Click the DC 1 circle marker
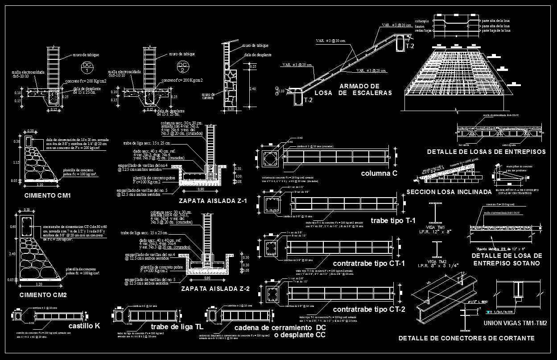pyautogui.click(x=87, y=68)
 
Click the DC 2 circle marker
pyautogui.click(x=183, y=67)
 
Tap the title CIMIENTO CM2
pyautogui.click(x=43, y=295)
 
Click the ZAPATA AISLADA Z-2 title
pyautogui.click(x=215, y=289)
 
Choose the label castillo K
pyautogui.click(x=84, y=326)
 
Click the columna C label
pyautogui.click(x=379, y=173)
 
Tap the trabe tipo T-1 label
pyautogui.click(x=393, y=220)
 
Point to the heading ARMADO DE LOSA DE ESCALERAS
pyautogui.click(x=353, y=89)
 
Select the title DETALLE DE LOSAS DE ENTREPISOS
pyautogui.click(x=486, y=152)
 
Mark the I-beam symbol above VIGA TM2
pyautogui.click(x=434, y=249)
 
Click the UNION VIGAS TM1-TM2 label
pyautogui.click(x=515, y=323)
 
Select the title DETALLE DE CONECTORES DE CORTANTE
pyautogui.click(x=466, y=339)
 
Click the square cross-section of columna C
pyautogui.click(x=271, y=158)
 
